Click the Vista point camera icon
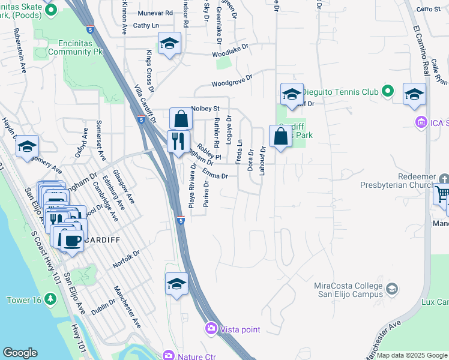(x=211, y=328)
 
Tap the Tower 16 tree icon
(x=50, y=299)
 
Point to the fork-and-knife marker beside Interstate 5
(x=178, y=142)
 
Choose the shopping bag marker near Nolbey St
(x=181, y=119)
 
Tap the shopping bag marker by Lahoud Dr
(x=280, y=136)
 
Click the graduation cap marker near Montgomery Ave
(x=27, y=147)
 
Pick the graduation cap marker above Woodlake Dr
(x=170, y=44)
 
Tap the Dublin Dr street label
(x=103, y=308)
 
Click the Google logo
(x=20, y=353)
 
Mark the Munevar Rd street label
(x=154, y=12)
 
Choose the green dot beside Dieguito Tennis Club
(x=388, y=92)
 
